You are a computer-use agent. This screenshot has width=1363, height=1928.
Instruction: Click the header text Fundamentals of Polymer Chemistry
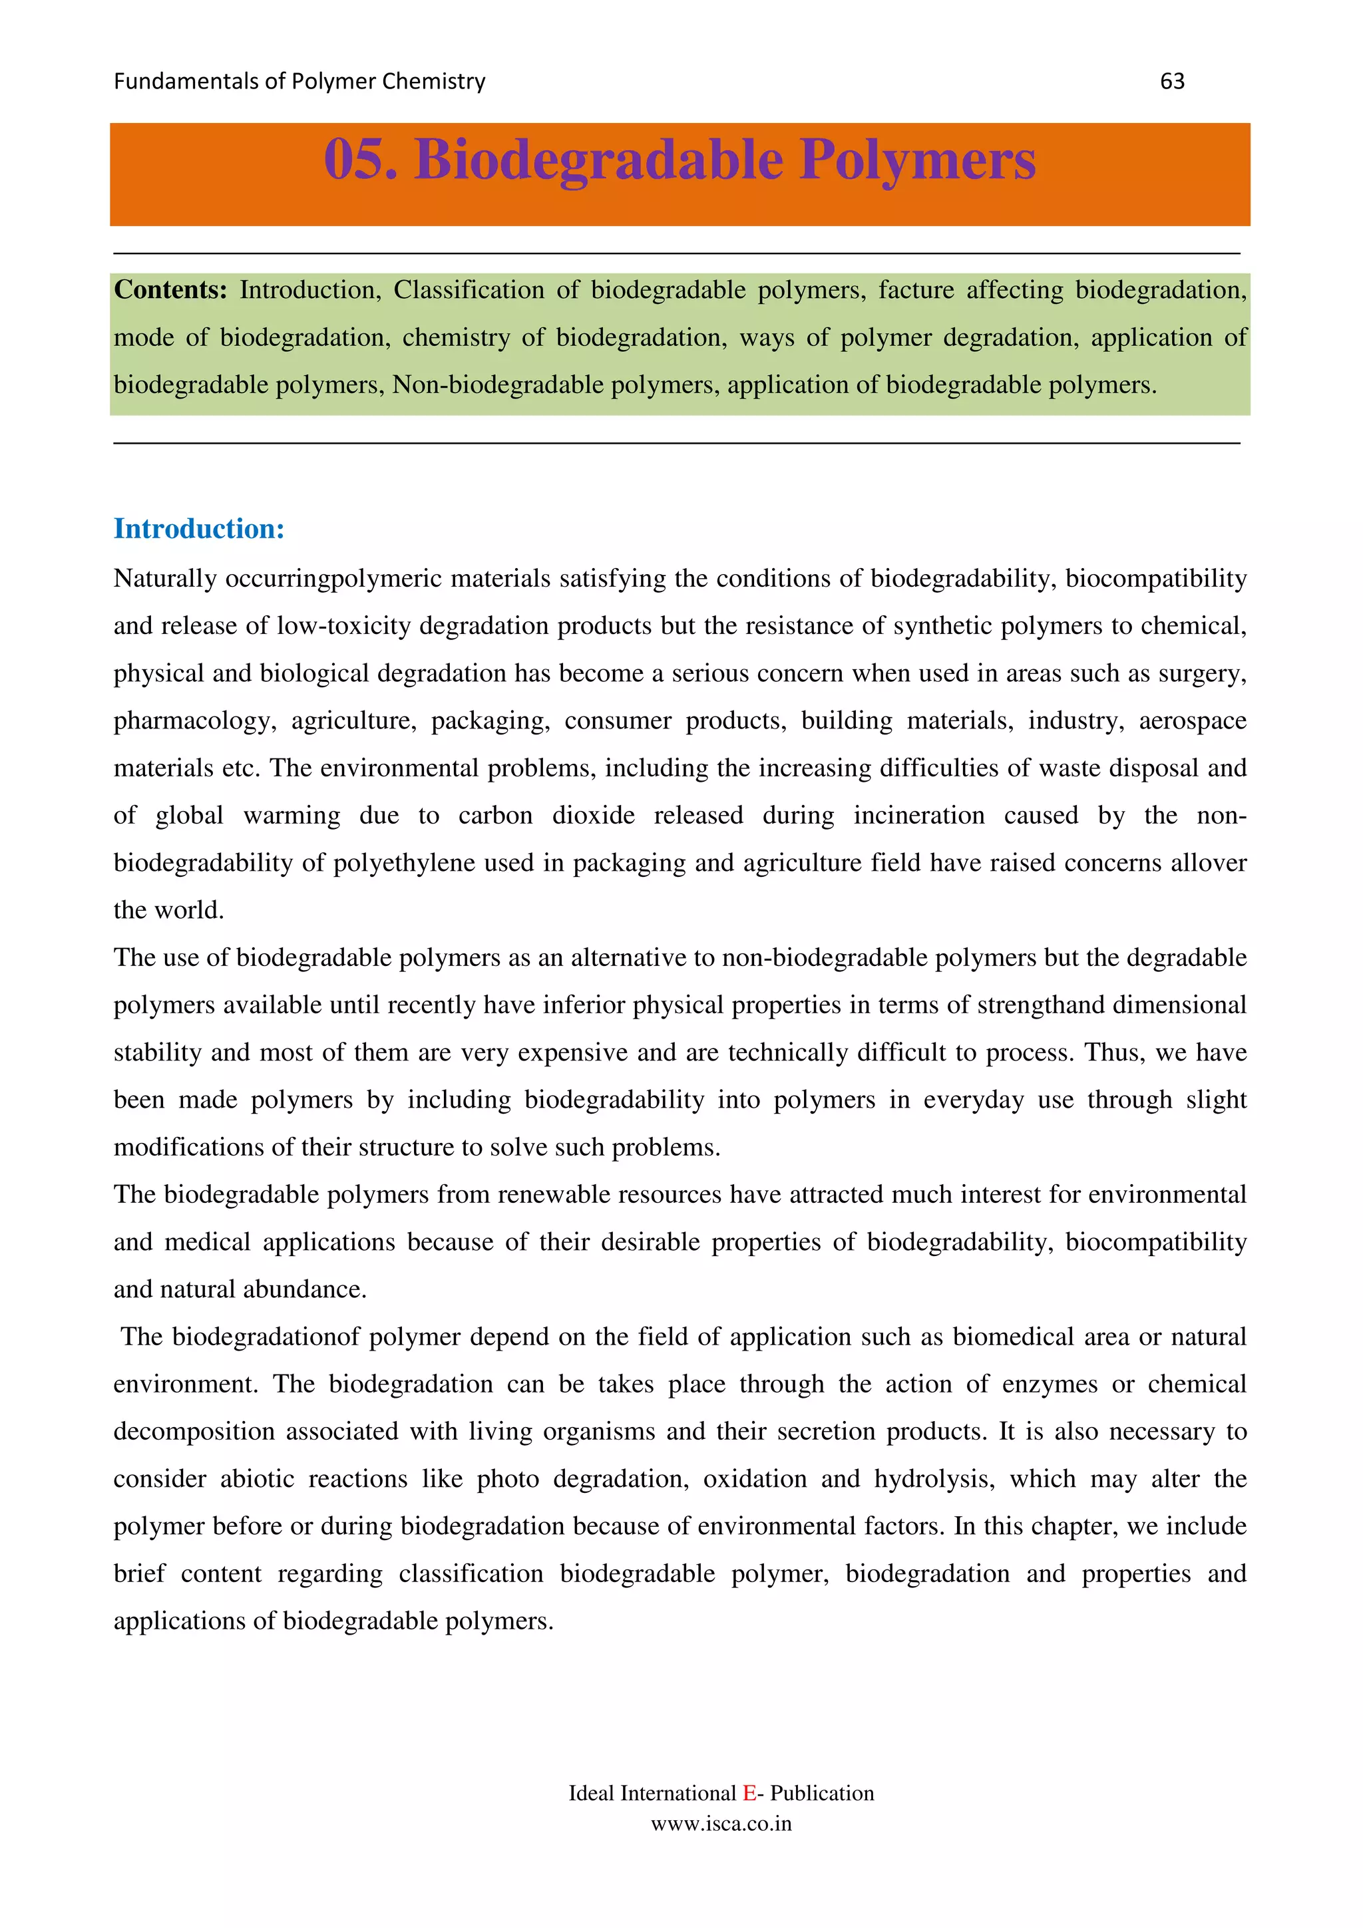[x=299, y=81]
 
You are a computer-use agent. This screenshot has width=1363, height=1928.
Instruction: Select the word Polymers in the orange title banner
[x=916, y=159]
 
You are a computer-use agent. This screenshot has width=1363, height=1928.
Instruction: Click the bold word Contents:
[x=170, y=289]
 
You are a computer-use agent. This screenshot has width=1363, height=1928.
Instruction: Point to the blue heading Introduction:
[x=199, y=528]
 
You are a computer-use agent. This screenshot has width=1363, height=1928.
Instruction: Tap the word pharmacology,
[x=195, y=721]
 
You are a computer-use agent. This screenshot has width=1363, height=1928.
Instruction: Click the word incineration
[x=918, y=816]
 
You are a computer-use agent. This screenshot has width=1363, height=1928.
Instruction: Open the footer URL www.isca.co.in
[x=721, y=1824]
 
